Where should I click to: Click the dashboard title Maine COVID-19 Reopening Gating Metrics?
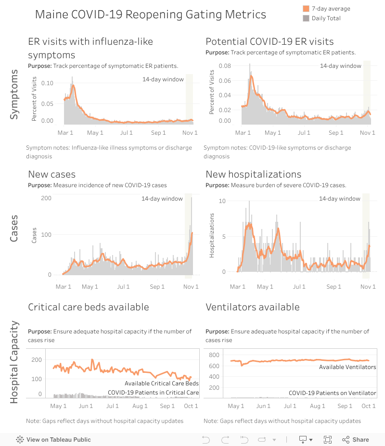click(x=150, y=14)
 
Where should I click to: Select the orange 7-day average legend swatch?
click(x=306, y=9)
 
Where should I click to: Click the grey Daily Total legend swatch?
click(x=306, y=18)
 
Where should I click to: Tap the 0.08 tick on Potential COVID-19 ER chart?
click(x=225, y=65)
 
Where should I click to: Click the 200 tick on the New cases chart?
click(x=47, y=198)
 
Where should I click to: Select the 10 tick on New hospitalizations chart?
click(x=222, y=201)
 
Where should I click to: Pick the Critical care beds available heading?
click(x=89, y=307)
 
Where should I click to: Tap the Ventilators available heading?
click(x=252, y=307)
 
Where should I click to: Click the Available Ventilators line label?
click(x=347, y=367)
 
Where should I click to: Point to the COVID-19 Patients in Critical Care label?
click(x=153, y=393)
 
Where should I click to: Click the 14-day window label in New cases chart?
click(x=162, y=199)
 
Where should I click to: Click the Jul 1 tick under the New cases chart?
click(x=124, y=287)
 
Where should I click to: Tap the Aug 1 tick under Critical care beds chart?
click(x=140, y=406)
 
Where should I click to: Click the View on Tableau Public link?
click(x=53, y=439)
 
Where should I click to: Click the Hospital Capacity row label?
click(x=14, y=362)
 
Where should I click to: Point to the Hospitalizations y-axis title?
click(x=212, y=236)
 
